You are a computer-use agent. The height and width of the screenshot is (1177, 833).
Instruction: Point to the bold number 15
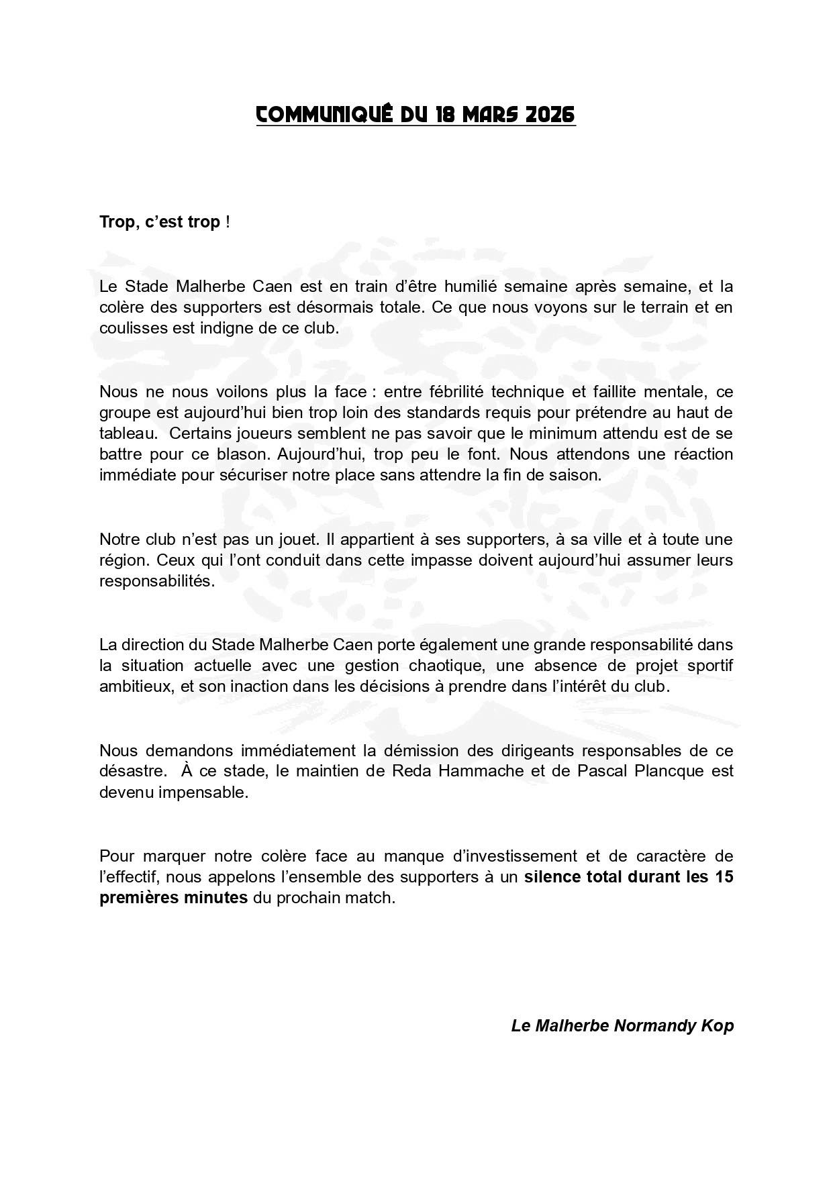724,877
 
